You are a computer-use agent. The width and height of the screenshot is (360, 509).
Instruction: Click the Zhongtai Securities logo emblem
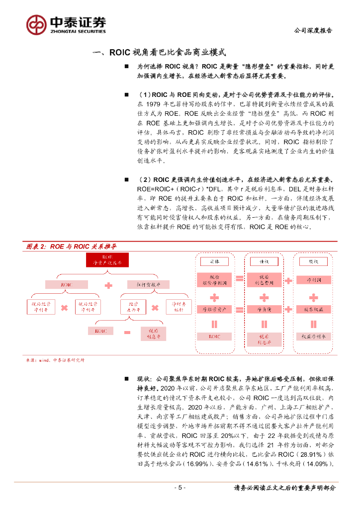coord(36,24)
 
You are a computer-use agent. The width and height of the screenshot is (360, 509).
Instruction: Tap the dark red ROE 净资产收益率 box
coord(107,260)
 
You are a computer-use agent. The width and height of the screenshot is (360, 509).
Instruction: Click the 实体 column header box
coord(214,261)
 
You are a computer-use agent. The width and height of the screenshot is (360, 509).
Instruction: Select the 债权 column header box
coord(264,261)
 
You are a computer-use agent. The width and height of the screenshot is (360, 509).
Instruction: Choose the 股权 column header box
coord(313,261)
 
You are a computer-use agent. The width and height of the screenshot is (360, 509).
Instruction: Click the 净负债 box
coord(264,309)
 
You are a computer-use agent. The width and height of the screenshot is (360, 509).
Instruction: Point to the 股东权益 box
coord(313,309)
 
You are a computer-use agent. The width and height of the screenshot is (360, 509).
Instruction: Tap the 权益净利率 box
coord(313,337)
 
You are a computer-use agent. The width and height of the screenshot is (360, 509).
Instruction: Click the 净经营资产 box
coord(214,309)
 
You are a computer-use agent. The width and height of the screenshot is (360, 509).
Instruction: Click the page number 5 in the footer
coord(180,488)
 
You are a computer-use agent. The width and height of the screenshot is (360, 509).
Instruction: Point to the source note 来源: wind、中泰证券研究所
coord(55,360)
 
